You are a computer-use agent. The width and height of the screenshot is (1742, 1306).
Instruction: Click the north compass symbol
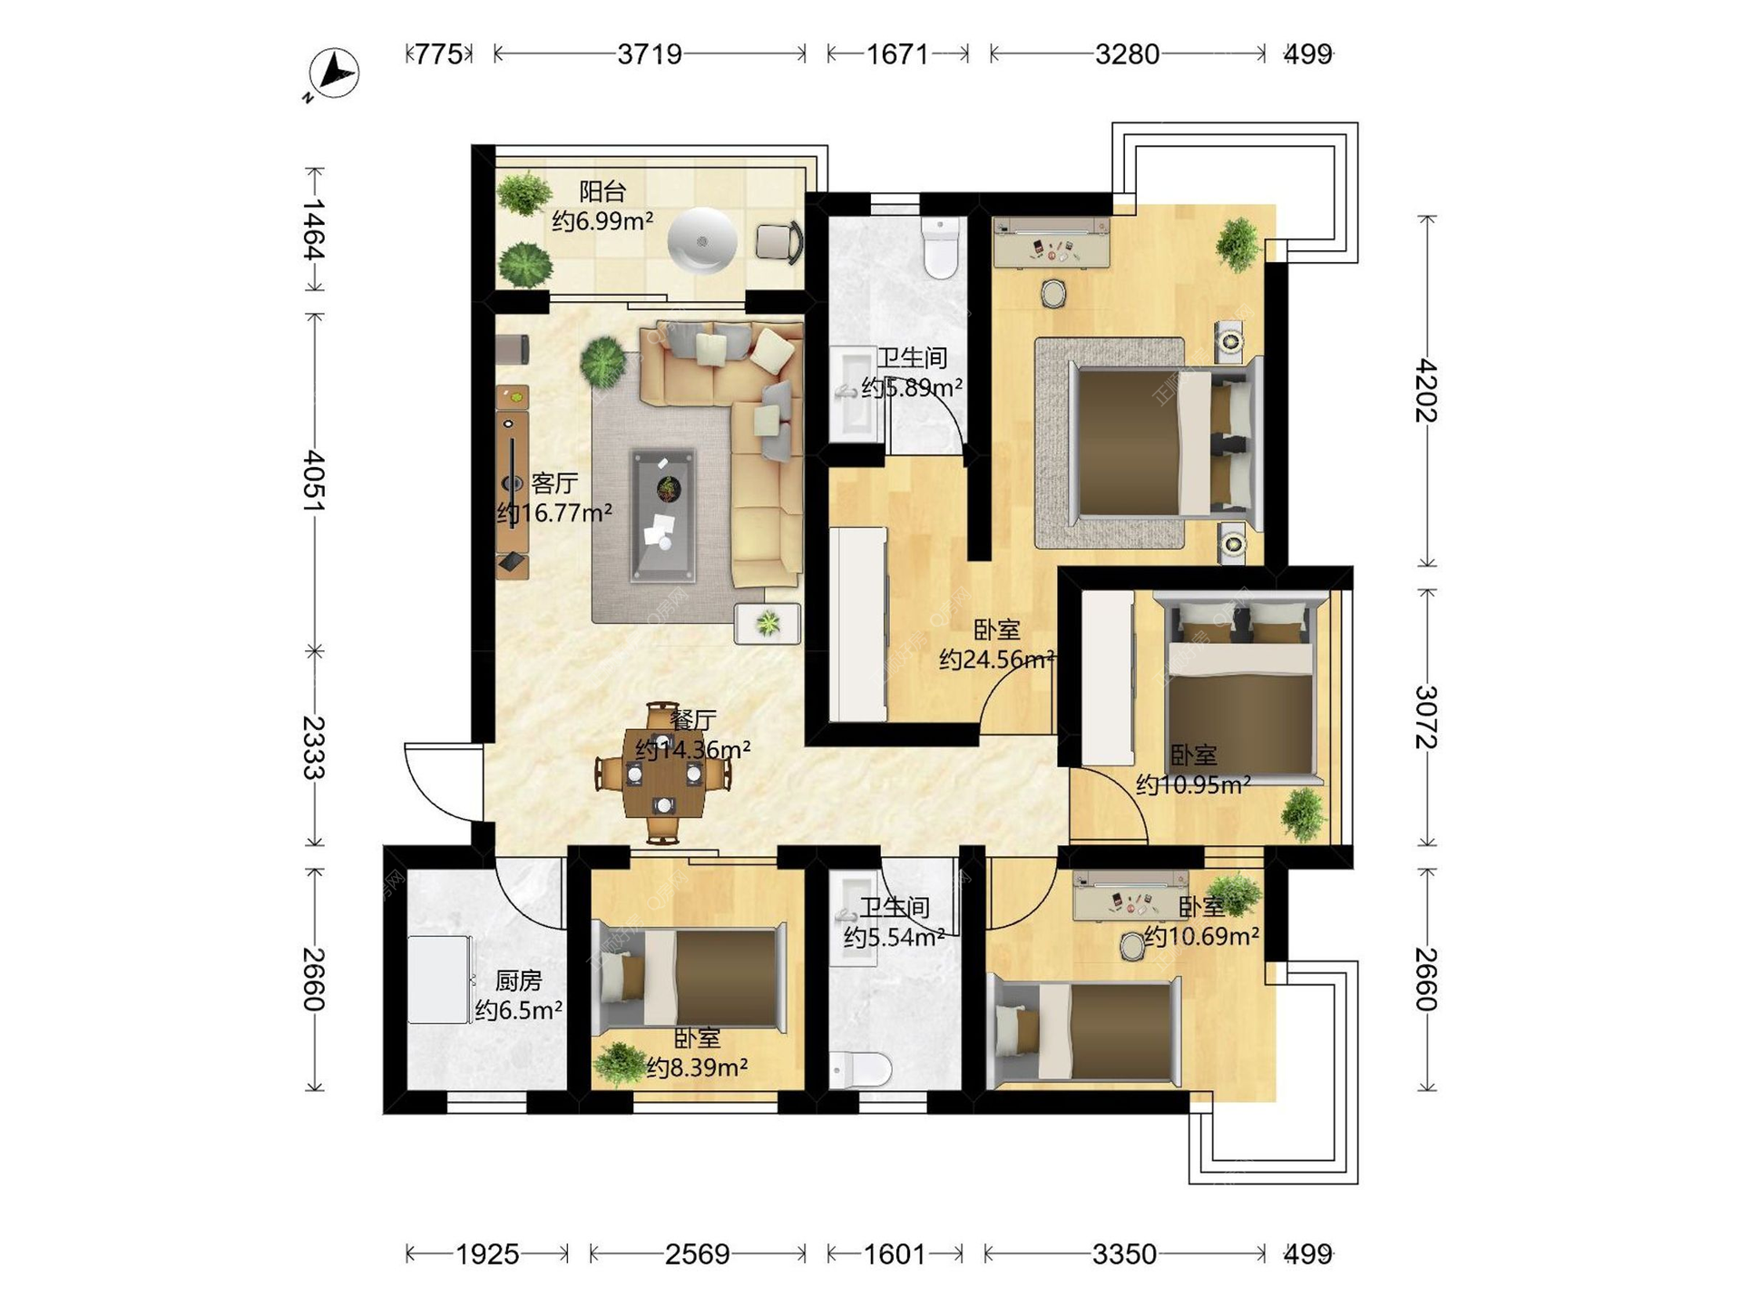[333, 73]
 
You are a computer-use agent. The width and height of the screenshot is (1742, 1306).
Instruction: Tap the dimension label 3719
[650, 54]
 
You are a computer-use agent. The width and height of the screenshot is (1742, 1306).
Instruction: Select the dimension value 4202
[1426, 391]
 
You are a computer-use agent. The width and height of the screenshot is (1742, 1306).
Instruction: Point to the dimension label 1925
[487, 1254]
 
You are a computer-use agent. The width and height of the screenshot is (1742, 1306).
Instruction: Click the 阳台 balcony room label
[602, 191]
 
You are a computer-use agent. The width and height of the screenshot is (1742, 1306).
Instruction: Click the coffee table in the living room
[663, 514]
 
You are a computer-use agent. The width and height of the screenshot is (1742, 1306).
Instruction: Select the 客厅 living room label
[554, 482]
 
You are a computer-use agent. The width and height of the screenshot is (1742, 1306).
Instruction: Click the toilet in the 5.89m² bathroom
[941, 247]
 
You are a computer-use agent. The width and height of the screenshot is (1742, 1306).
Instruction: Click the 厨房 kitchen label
[519, 980]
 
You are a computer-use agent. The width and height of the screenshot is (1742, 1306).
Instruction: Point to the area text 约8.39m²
[697, 1067]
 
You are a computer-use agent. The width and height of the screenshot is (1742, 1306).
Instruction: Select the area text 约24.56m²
[997, 659]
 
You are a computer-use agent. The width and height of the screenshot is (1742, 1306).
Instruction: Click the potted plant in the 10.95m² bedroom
[1303, 813]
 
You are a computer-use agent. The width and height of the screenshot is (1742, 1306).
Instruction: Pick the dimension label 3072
[1426, 716]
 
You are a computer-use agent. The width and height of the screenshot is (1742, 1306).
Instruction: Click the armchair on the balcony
[779, 242]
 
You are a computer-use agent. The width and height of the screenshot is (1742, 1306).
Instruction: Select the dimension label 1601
[895, 1254]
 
